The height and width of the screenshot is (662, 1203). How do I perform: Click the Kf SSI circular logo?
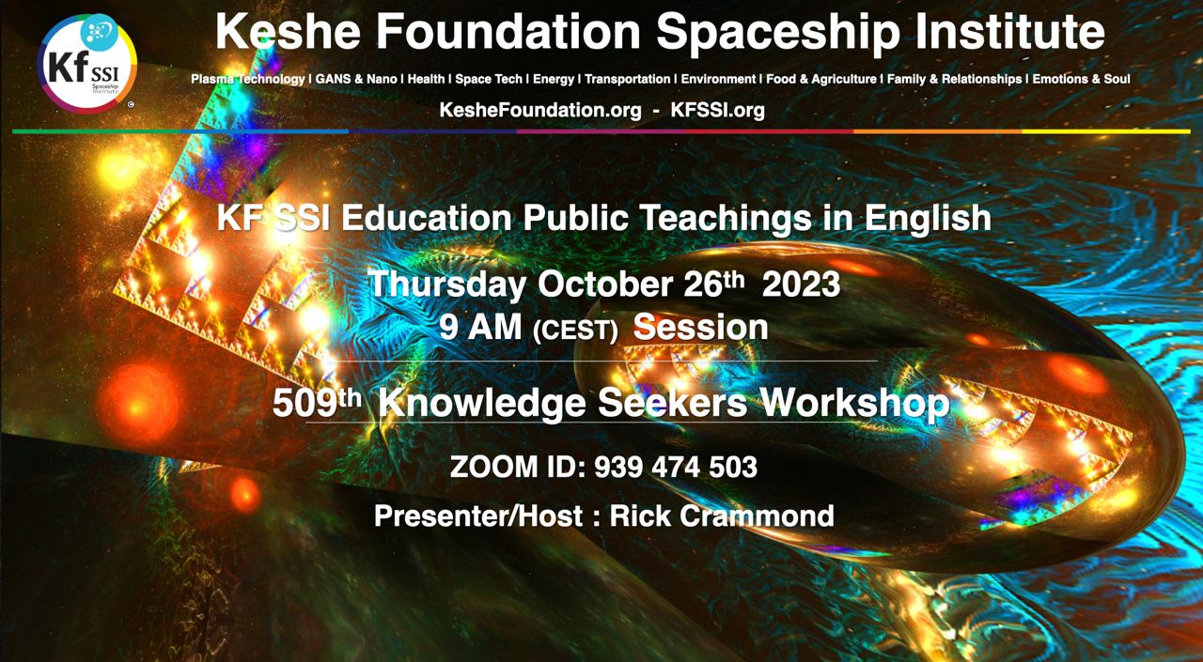pos(87,63)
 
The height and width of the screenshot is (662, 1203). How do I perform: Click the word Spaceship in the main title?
pos(777,32)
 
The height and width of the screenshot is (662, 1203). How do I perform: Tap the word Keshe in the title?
pos(288,31)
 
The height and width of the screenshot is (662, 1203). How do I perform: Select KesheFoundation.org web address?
pos(540,110)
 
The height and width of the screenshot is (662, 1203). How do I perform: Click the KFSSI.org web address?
pos(717,110)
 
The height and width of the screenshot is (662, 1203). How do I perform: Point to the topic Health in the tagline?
pos(426,79)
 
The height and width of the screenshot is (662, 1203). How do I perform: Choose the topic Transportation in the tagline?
pos(627,79)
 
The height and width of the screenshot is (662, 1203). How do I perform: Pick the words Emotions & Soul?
pos(1081,79)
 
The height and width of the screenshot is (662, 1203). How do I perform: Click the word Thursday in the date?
pos(446,285)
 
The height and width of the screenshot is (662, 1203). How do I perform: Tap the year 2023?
pos(801,284)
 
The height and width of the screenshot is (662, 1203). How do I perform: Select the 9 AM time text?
pos(480,327)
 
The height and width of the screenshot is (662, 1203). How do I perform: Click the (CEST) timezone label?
pos(575,331)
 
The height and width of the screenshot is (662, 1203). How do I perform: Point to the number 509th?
pos(317,402)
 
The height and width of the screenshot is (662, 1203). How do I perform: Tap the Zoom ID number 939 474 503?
pos(676,467)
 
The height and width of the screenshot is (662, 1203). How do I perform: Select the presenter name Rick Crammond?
pos(722,516)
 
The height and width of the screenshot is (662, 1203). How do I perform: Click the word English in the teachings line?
pos(928,219)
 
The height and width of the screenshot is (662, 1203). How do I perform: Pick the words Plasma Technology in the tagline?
pos(247,80)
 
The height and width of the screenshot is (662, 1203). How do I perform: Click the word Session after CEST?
pos(701,327)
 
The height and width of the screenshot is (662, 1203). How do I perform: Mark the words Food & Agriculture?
pos(821,80)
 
